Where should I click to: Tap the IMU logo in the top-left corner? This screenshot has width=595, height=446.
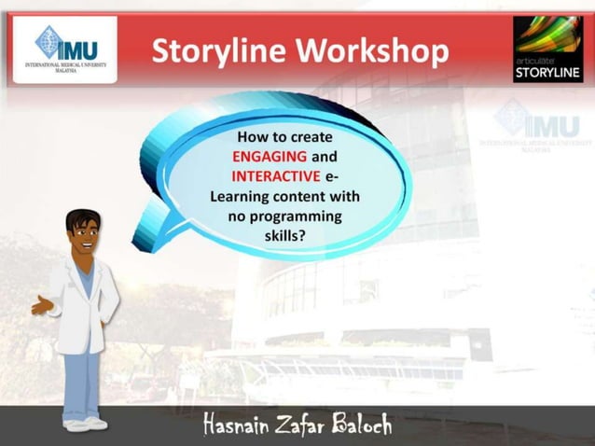coord(64,49)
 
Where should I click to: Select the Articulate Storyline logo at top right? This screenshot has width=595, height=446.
coord(548,49)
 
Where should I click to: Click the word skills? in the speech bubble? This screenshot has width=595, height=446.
coord(285,237)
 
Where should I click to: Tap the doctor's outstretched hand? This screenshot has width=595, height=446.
coord(39,305)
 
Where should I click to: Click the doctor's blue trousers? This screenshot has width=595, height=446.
coord(83,383)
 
